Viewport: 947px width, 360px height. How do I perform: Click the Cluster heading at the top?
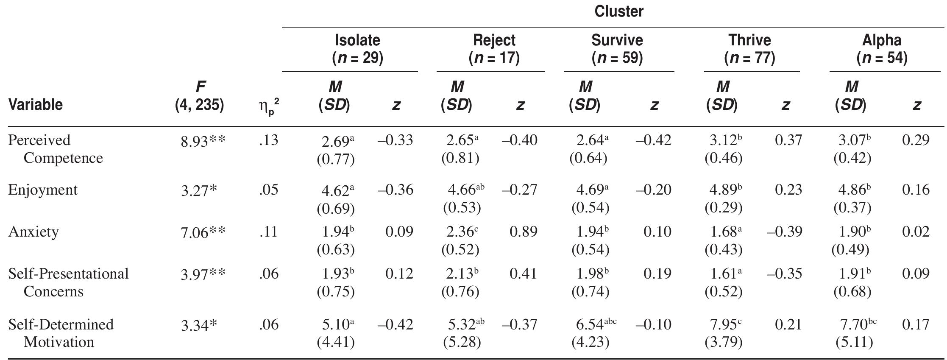pos(619,11)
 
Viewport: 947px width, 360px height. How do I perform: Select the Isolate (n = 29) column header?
pos(357,49)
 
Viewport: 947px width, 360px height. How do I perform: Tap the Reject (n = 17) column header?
pos(494,49)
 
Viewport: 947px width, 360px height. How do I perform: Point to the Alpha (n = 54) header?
pos(882,49)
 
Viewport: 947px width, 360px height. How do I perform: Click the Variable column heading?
pos(36,104)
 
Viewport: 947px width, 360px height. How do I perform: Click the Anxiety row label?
pos(33,232)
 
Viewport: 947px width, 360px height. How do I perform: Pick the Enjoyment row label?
pos(43,190)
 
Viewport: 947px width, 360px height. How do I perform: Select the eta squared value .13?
pos(268,140)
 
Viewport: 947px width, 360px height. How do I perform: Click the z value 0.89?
pos(524,232)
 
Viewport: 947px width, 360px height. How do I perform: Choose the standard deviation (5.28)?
pos(462,342)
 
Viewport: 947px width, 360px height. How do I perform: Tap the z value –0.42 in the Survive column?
pos(653,140)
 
